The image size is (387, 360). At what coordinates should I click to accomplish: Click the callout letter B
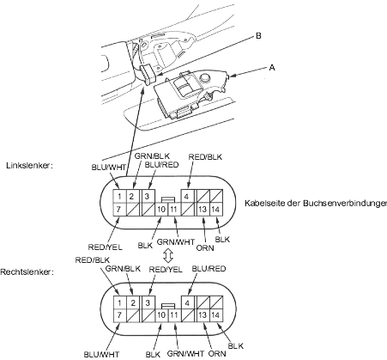tap(258, 36)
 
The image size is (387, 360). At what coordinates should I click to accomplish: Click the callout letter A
tap(272, 68)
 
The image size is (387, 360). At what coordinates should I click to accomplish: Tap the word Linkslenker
tap(29, 166)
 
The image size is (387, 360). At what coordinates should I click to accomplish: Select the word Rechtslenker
tap(27, 272)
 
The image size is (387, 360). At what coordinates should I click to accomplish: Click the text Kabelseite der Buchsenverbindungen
tap(316, 203)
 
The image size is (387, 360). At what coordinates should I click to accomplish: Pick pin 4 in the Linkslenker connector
tap(187, 197)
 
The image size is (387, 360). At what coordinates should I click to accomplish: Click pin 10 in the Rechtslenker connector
tap(161, 315)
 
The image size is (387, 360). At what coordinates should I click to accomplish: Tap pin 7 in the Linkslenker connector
tap(119, 210)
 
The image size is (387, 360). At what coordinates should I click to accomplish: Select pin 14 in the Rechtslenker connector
tap(216, 315)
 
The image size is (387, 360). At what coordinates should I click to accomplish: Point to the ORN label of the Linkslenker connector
tap(205, 248)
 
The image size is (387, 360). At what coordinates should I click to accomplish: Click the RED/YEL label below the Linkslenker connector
tap(105, 247)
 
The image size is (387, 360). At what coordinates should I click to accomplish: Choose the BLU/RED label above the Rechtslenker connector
tap(209, 269)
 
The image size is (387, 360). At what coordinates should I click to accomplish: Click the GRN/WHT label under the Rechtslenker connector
tap(185, 353)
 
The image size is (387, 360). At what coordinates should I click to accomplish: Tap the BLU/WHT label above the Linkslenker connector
tap(109, 168)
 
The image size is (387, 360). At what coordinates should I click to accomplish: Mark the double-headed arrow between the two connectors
tap(167, 255)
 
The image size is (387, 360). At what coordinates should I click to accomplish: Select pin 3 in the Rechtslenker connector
tap(148, 302)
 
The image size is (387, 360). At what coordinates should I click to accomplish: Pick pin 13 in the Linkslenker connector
tap(203, 210)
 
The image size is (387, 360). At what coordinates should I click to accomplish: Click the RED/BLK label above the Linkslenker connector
tap(205, 157)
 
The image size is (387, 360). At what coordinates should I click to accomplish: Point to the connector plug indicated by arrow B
tap(148, 74)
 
